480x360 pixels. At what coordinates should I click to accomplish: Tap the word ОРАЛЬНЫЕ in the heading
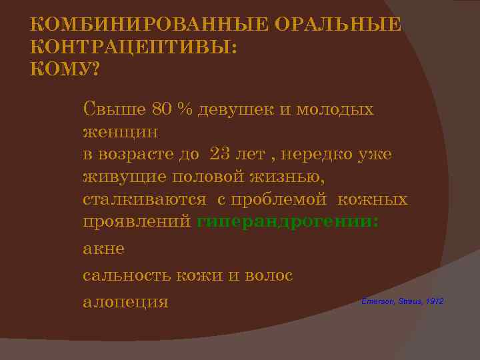coord(329,25)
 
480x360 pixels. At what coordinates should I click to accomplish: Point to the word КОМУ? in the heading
coord(64,69)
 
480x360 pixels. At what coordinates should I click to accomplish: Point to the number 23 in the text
coord(221,154)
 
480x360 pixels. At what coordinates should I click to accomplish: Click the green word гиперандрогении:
coord(288,222)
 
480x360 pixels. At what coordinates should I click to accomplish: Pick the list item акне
coord(103,248)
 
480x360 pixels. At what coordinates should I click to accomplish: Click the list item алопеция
coord(125,301)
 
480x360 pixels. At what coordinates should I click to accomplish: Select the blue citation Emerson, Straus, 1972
coord(402,302)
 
